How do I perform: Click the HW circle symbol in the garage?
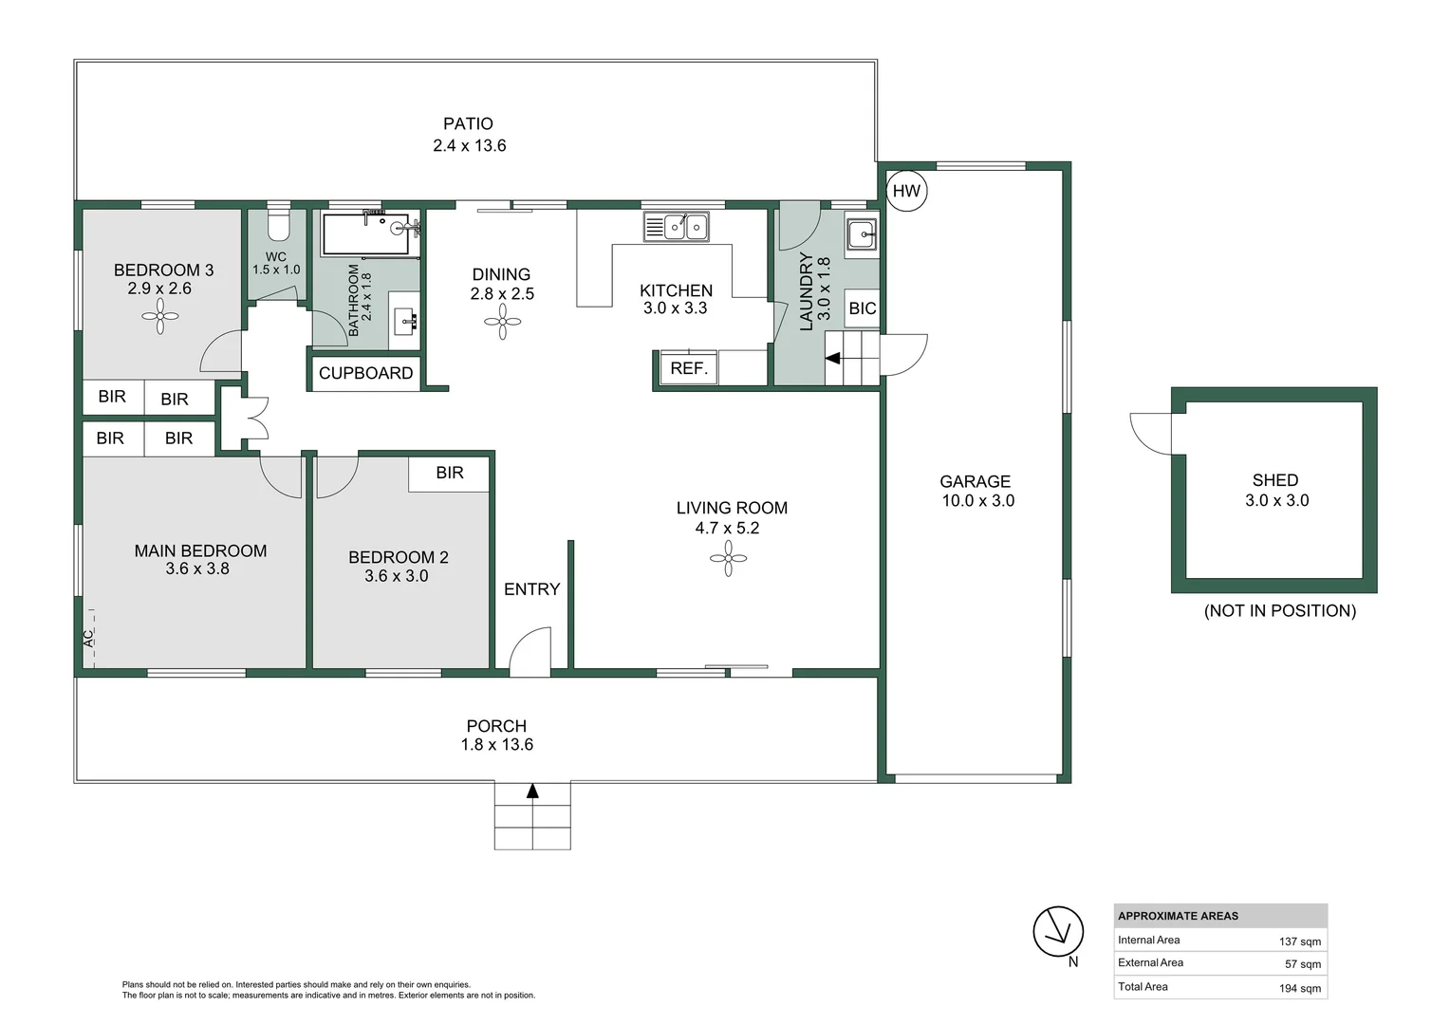906,191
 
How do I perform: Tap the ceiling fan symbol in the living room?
728,558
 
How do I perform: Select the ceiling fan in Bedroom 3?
159,317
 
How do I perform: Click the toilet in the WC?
279,221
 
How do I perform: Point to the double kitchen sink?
676,227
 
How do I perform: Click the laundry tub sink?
861,233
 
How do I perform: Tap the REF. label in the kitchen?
689,368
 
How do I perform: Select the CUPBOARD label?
365,373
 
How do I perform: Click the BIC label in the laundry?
863,308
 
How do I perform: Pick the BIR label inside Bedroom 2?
450,473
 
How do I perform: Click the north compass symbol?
1058,932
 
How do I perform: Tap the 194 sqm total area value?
1300,988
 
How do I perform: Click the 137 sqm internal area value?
1300,941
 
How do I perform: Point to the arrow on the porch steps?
532,791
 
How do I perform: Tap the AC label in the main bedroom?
88,639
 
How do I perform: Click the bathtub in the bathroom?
365,234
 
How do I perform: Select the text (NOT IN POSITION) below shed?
1280,610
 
